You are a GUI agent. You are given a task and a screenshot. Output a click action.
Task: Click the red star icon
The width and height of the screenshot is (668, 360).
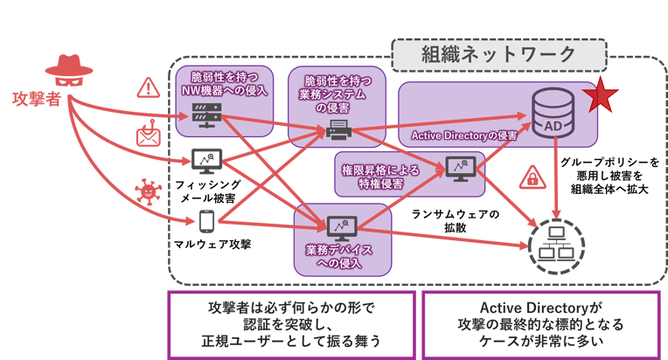(x=601, y=93)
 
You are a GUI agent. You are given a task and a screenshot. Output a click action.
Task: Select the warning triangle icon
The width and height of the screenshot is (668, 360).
(x=147, y=87)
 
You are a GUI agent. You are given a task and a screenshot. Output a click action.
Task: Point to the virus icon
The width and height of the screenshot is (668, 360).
(x=146, y=188)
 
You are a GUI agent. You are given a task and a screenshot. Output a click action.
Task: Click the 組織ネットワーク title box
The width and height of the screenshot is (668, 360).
(x=499, y=54)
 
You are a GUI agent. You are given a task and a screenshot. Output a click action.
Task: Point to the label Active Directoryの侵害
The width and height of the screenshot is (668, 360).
(x=463, y=135)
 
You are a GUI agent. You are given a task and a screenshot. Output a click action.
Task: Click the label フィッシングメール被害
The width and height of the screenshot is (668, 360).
(x=205, y=192)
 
